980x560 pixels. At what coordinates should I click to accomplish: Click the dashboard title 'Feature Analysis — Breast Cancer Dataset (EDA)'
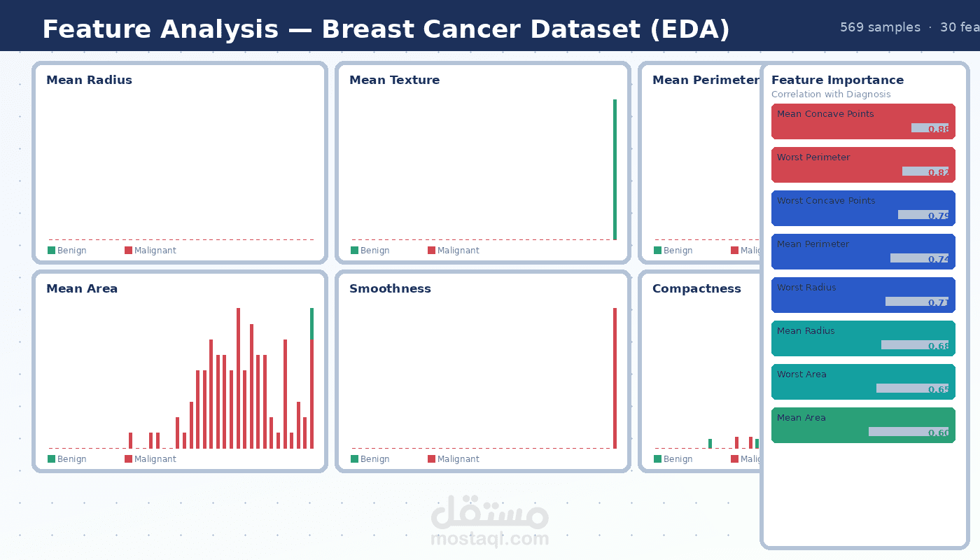(x=386, y=29)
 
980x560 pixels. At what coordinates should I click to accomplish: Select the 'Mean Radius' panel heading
(x=89, y=80)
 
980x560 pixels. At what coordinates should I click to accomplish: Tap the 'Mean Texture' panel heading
(x=394, y=80)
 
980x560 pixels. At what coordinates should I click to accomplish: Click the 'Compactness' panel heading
(x=696, y=288)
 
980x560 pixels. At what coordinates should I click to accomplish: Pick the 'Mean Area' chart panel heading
(x=82, y=288)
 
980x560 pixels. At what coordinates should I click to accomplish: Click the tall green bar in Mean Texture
(x=615, y=169)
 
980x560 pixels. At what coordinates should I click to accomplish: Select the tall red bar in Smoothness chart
(x=615, y=378)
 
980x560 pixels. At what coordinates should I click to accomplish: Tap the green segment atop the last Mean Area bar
(x=311, y=324)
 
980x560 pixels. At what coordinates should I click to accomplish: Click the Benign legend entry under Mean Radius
(x=67, y=251)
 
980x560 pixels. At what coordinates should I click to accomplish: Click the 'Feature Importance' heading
(x=837, y=80)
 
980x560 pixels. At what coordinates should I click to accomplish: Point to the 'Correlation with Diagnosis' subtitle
(x=831, y=94)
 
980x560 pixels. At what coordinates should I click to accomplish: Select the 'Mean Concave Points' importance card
(x=863, y=121)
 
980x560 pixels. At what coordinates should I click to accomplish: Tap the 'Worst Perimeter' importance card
(x=863, y=164)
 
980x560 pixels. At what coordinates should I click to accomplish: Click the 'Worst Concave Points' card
(x=863, y=208)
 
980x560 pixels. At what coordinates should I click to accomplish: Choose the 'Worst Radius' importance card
(x=863, y=295)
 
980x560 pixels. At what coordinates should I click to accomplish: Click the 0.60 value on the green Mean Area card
(x=938, y=433)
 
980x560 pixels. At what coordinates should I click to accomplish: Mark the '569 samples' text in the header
(x=880, y=27)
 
